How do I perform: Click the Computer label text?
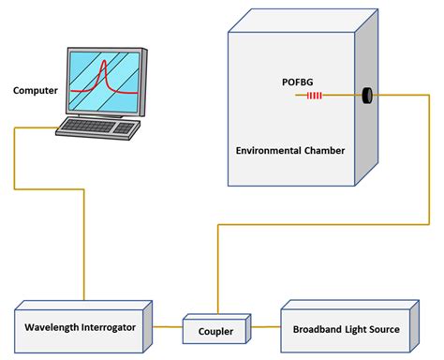(x=35, y=90)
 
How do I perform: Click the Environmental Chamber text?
(x=289, y=148)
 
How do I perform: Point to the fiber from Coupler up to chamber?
(x=217, y=272)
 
